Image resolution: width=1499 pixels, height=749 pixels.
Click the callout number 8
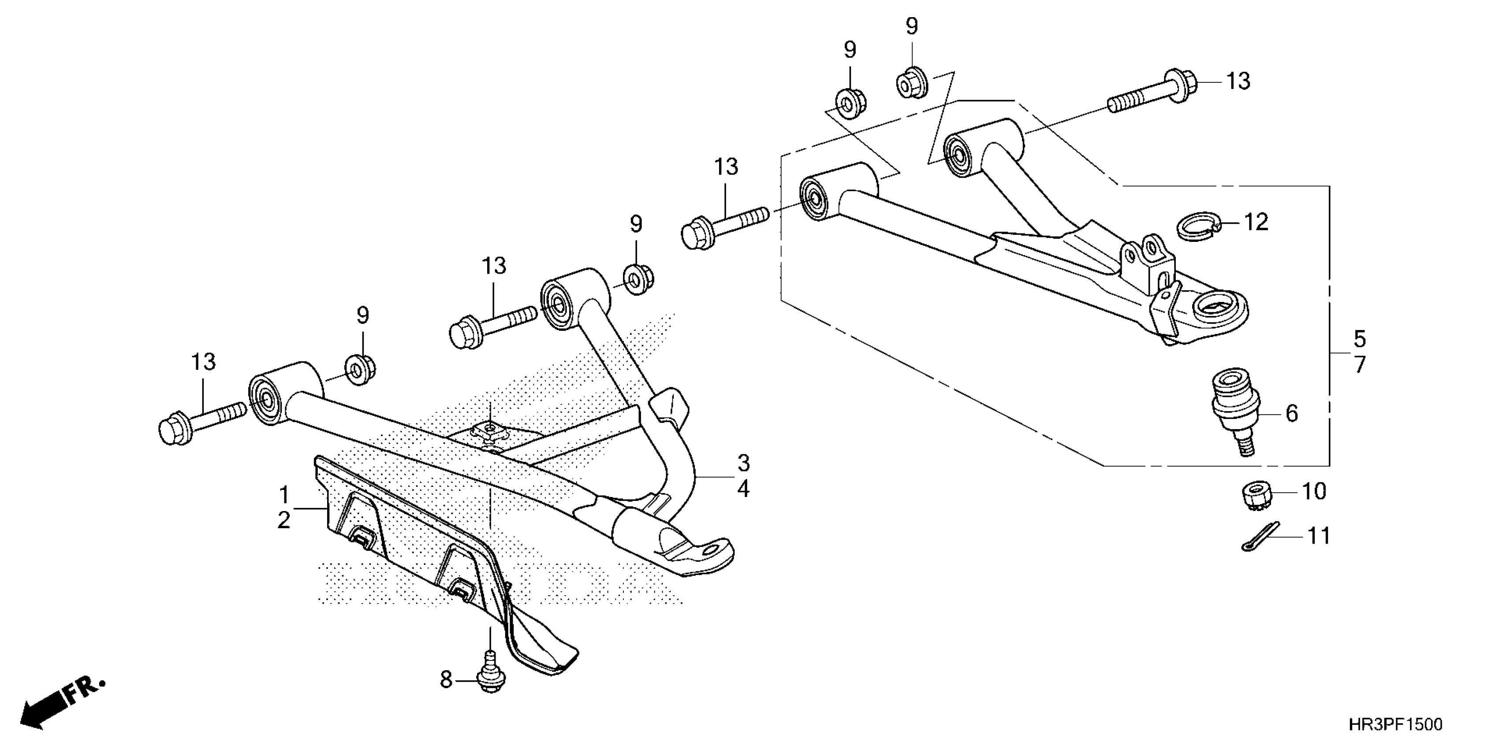(x=446, y=680)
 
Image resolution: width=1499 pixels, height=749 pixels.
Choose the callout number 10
(x=1314, y=491)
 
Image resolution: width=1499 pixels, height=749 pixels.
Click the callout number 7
(x=1359, y=365)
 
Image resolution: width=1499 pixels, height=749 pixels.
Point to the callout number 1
(x=284, y=496)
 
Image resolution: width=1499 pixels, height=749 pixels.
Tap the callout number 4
(x=743, y=489)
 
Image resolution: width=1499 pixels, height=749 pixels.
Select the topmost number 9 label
(x=912, y=27)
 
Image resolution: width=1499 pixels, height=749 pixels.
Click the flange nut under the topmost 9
(x=911, y=84)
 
